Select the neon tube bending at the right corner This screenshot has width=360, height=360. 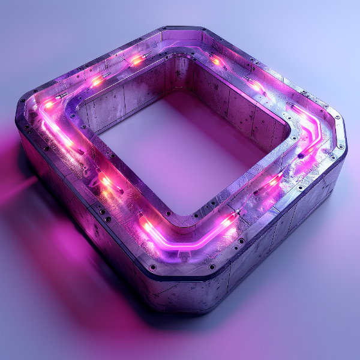(x=312, y=129)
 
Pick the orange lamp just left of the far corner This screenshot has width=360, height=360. (x=137, y=60)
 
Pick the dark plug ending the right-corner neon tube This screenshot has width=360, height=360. (x=301, y=155)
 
